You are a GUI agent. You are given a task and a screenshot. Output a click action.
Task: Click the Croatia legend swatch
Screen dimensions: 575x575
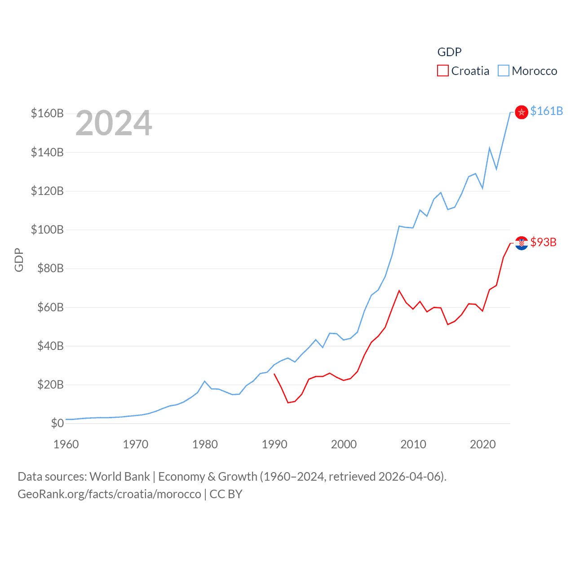[x=442, y=71]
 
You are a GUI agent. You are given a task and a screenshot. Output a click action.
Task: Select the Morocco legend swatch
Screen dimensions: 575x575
[x=504, y=71]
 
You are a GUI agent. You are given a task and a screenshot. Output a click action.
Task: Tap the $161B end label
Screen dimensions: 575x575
[x=546, y=111]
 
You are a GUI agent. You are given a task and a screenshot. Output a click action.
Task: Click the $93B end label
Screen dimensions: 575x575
[x=543, y=242]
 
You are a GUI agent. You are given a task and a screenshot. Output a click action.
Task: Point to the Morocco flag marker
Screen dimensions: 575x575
[x=521, y=112]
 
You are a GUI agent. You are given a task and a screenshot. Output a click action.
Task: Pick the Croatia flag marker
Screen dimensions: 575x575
[x=521, y=243]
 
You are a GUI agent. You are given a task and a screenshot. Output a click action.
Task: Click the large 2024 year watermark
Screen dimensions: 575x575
[x=114, y=123]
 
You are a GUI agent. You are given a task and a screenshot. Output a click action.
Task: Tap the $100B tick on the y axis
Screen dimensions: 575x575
[x=47, y=230]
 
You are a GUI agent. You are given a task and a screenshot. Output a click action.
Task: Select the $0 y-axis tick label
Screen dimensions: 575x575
[x=57, y=423]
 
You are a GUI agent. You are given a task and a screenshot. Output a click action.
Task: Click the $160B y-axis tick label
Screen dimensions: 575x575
[x=47, y=113]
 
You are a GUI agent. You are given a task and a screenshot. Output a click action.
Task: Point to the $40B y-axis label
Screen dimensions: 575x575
[x=50, y=346]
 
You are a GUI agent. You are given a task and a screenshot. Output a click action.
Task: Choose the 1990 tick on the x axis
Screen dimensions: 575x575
[x=274, y=444]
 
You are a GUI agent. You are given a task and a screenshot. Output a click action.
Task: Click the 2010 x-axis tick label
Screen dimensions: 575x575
[x=413, y=444]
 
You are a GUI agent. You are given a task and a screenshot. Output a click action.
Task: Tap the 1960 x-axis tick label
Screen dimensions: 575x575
[x=66, y=444]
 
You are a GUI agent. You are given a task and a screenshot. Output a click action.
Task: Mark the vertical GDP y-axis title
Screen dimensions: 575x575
[x=19, y=260]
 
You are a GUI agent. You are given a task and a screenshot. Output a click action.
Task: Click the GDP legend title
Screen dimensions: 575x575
[x=449, y=52]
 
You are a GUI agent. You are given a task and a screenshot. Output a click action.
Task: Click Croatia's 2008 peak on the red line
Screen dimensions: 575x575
[x=399, y=291]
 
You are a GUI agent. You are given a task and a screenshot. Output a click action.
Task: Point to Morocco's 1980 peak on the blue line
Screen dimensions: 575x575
[x=205, y=381]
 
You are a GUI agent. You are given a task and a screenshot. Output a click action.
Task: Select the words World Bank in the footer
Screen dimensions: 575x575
[x=119, y=476]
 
